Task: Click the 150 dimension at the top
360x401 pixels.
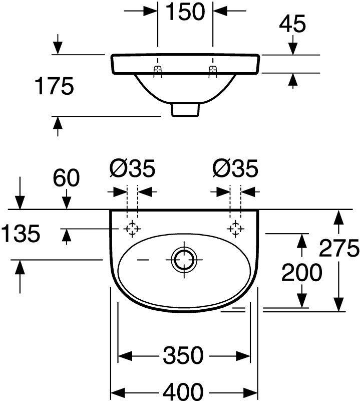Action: point(185,12)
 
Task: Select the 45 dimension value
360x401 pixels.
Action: point(292,24)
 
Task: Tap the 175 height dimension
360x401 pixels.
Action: point(54,86)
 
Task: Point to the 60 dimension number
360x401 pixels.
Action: point(66,178)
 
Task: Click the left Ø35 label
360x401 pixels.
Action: point(132,169)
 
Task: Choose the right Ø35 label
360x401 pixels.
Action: point(235,169)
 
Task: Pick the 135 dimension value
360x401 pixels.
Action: point(20,234)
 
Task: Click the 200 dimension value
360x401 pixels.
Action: point(301,272)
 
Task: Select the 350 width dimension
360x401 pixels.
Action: point(183,356)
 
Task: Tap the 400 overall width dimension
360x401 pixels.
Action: point(183,390)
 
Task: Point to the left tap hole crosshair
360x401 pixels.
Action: point(132,229)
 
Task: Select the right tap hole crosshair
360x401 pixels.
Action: point(235,229)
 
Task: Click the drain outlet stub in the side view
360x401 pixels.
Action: point(185,109)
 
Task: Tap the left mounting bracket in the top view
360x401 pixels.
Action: point(158,71)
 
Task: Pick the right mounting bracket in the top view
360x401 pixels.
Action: point(213,71)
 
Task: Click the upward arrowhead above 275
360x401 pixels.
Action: point(339,218)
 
